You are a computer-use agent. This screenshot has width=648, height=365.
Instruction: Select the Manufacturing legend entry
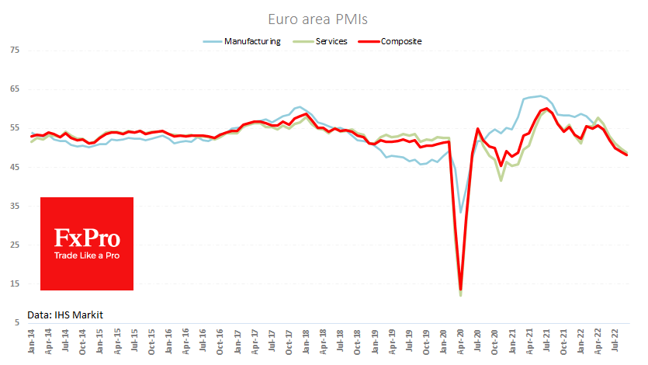251,41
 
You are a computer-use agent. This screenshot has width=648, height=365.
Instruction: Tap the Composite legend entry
401,41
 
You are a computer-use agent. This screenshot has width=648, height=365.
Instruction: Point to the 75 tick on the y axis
15,50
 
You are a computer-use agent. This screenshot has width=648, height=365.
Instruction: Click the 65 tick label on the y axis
15,89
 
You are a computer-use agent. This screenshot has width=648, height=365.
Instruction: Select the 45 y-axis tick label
15,167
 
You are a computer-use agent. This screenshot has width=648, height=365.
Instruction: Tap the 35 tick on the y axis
15,206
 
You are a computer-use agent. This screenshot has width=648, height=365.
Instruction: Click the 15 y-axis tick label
15,283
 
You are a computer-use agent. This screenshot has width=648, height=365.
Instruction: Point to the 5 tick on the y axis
17,322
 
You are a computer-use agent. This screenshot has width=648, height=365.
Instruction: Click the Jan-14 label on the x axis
32,342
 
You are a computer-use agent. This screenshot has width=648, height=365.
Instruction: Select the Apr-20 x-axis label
461,342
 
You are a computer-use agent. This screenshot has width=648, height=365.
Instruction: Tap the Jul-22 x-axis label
614,342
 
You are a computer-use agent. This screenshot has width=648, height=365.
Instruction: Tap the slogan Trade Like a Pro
87,255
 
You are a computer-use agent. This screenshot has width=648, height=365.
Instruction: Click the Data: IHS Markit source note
65,315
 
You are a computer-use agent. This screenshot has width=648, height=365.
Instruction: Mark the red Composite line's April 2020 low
461,289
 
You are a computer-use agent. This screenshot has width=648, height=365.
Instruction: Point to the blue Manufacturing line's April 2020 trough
461,211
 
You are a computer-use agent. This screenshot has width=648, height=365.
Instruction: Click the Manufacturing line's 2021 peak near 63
540,96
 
